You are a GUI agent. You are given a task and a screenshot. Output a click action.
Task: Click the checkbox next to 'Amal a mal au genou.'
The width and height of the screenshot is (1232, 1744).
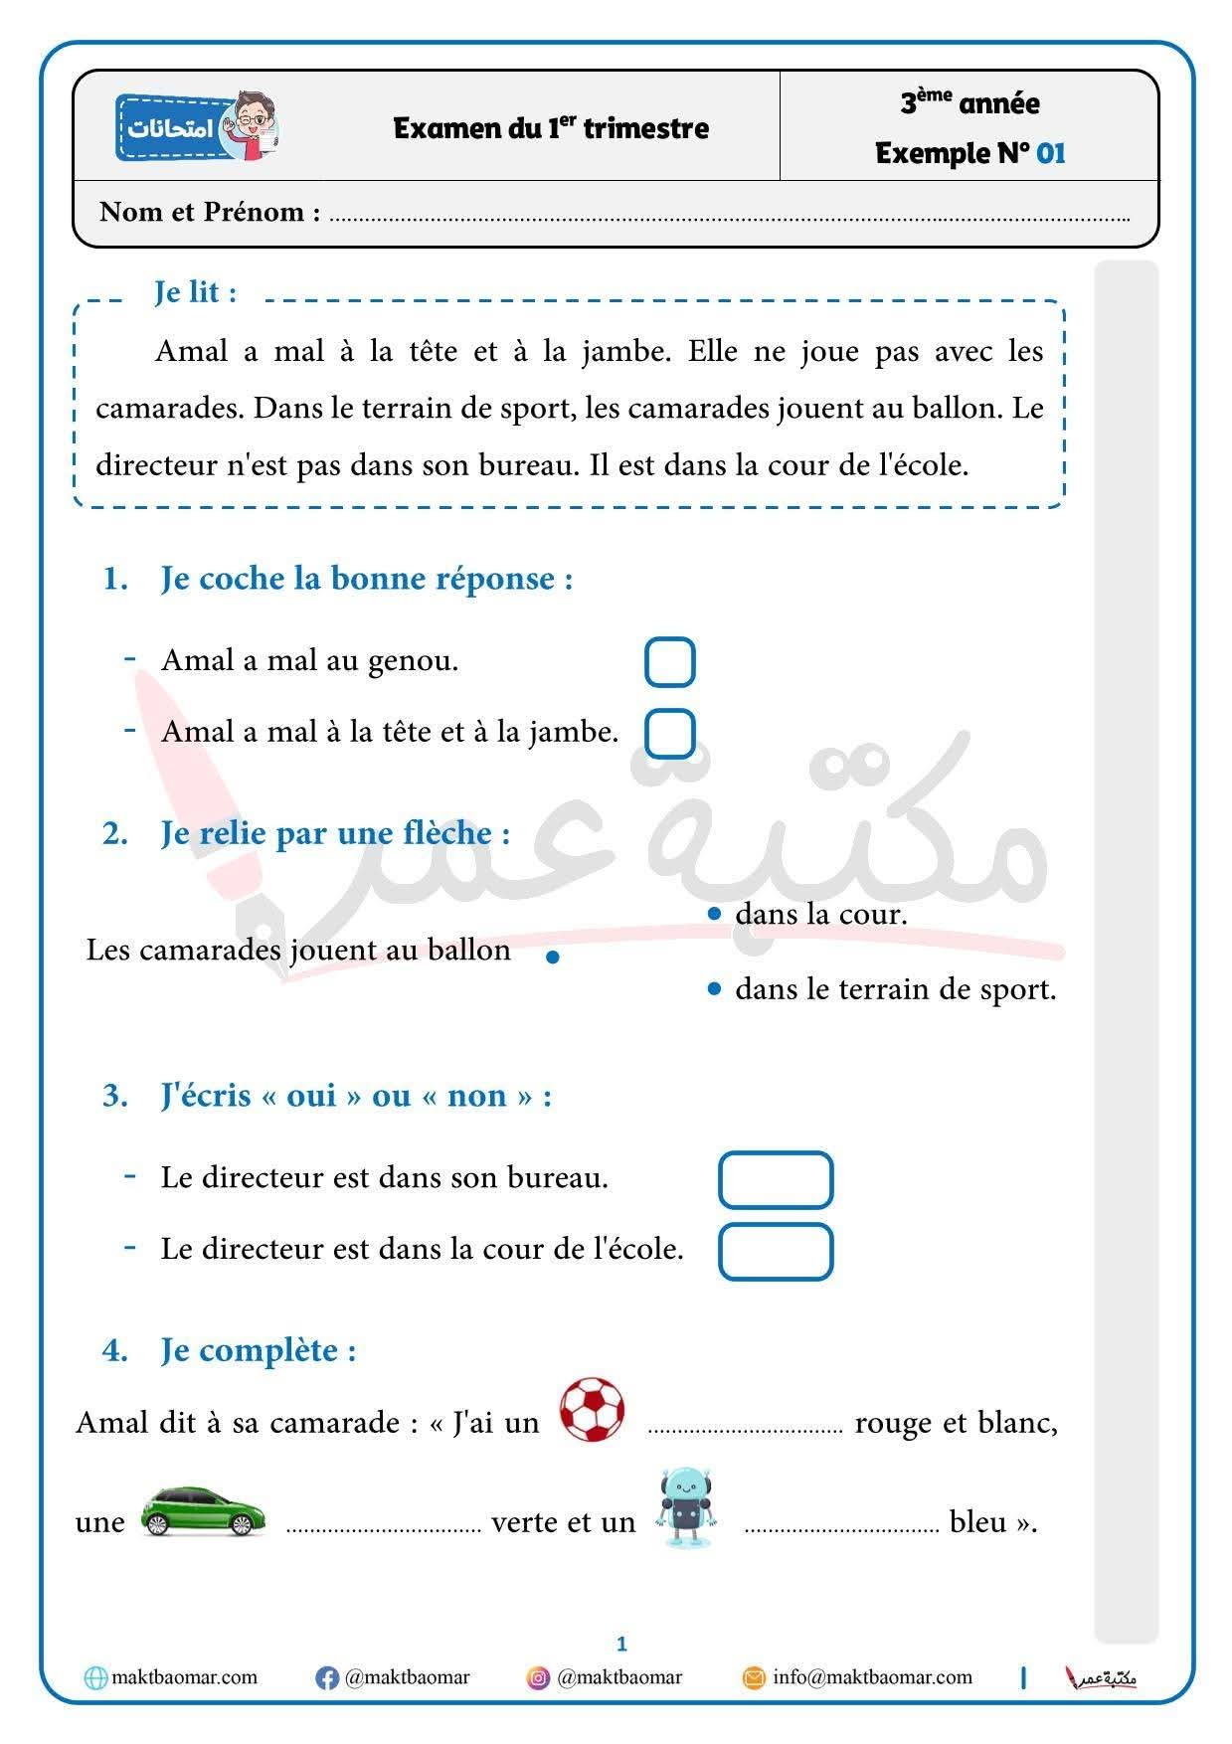(x=669, y=662)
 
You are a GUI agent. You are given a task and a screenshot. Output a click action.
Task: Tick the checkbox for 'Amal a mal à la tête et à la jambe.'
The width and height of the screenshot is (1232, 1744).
(x=669, y=734)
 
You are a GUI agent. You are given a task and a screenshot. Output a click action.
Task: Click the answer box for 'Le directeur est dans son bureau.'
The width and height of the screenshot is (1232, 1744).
(x=775, y=1179)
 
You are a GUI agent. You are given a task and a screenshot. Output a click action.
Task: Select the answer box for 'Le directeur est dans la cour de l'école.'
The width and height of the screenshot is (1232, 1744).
(x=775, y=1251)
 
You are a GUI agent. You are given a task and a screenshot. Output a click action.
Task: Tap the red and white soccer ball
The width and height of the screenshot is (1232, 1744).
(x=592, y=1410)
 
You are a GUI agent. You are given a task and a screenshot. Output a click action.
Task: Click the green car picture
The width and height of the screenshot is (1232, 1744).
(x=203, y=1511)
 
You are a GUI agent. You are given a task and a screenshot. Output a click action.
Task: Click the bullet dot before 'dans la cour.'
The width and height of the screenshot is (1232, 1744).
(x=713, y=914)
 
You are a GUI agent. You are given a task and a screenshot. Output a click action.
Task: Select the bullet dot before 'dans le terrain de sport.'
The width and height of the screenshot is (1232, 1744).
(x=713, y=989)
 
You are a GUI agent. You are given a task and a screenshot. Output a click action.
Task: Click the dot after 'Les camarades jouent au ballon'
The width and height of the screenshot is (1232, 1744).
(x=553, y=958)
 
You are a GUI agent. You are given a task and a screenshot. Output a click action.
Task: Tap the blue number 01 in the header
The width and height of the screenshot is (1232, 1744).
(x=1050, y=153)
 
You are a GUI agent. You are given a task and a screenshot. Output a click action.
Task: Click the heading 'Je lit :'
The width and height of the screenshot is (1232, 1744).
(x=195, y=292)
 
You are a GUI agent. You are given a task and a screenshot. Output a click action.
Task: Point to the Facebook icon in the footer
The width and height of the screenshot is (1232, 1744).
(x=326, y=1678)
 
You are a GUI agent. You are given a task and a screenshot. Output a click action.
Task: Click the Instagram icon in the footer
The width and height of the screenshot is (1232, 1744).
(x=538, y=1678)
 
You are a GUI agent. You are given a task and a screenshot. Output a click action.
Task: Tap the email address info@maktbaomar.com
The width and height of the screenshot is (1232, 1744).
(x=872, y=1677)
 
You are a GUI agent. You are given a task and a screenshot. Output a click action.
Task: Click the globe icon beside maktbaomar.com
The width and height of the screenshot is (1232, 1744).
(x=95, y=1678)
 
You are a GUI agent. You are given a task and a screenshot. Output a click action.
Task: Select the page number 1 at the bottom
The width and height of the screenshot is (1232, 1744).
(x=621, y=1644)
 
